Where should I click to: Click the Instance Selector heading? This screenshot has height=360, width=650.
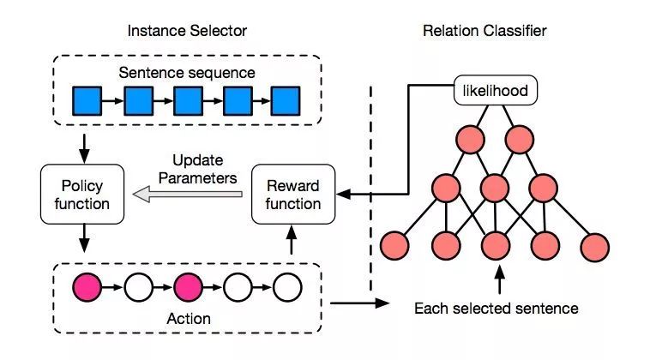tap(187, 31)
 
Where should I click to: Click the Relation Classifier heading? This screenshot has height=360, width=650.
tap(484, 31)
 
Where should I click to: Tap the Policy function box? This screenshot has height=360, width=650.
tap(82, 195)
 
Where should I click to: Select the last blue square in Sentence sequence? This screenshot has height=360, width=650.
tap(286, 102)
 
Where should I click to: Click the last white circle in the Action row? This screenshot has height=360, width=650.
tap(287, 285)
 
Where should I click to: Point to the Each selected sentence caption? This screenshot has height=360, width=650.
tap(496, 308)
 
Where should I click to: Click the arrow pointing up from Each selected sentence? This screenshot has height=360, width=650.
tap(496, 279)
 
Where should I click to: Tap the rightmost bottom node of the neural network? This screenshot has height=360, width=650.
tap(594, 245)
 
